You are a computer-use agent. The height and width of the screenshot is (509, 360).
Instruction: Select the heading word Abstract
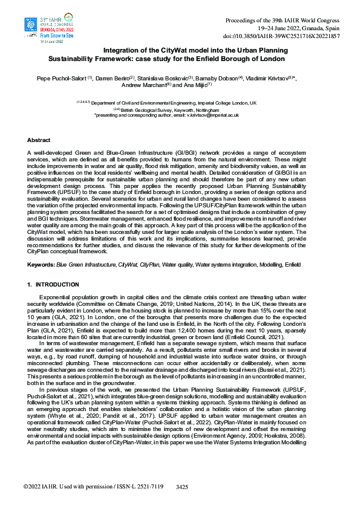(39, 140)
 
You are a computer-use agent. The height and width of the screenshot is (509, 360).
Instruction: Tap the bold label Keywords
(41, 265)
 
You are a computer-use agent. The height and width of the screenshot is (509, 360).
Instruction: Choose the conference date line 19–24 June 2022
(298, 28)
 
